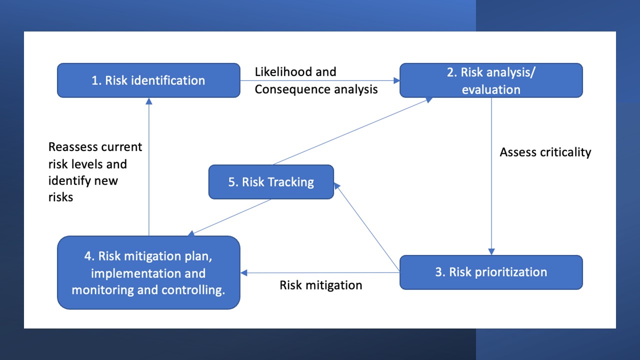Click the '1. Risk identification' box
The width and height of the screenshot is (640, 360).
[x=148, y=80]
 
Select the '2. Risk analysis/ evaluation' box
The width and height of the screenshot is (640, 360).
[x=491, y=80]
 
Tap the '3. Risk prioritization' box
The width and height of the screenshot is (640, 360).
[x=491, y=272]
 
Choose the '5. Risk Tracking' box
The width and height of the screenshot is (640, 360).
[x=271, y=182]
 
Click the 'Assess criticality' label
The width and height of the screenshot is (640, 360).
[x=545, y=152]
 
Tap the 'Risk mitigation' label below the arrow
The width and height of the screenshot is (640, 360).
[x=321, y=285]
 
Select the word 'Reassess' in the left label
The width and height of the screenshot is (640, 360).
[x=73, y=147]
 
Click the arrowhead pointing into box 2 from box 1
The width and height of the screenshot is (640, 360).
[x=395, y=80]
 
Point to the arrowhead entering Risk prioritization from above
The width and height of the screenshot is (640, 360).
[x=491, y=251]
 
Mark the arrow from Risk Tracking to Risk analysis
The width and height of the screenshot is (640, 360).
[x=350, y=132]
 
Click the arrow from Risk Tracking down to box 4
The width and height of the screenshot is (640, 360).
[x=230, y=217]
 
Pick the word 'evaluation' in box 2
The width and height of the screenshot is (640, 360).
[x=491, y=89]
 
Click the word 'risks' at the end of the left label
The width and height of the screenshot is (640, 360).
[x=60, y=197]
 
